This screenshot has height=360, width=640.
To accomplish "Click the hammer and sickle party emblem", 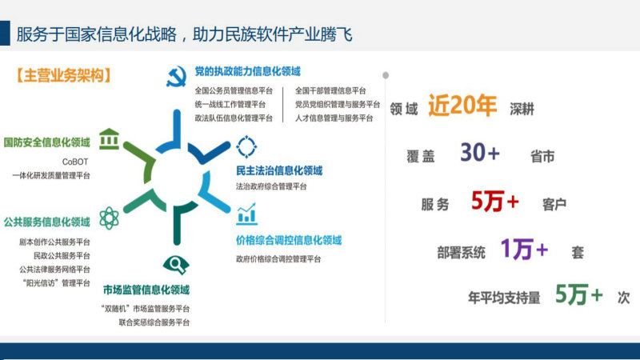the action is pyautogui.click(x=176, y=76).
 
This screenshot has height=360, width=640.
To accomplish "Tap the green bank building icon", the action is pyautogui.click(x=109, y=138).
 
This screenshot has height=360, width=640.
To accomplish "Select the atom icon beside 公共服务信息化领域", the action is pyautogui.click(x=109, y=218).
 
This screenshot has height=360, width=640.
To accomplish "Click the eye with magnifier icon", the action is pyautogui.click(x=176, y=265).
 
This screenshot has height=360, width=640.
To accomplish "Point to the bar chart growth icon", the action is pyautogui.click(x=246, y=214).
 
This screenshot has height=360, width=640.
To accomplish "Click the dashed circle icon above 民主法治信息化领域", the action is pyautogui.click(x=246, y=146).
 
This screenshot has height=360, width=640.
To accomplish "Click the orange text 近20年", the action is pyautogui.click(x=462, y=106).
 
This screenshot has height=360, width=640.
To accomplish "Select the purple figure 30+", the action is pyautogui.click(x=480, y=153).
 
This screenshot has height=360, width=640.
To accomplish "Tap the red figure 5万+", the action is pyautogui.click(x=494, y=202).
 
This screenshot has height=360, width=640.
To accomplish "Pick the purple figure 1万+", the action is pyautogui.click(x=525, y=249).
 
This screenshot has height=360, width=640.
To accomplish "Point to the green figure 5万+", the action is pyautogui.click(x=578, y=294).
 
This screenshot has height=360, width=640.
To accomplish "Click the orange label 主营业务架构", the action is pyautogui.click(x=64, y=76).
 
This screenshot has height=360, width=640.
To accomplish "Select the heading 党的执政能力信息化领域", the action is pyautogui.click(x=247, y=71).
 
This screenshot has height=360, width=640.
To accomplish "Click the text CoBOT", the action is pyautogui.click(x=75, y=162).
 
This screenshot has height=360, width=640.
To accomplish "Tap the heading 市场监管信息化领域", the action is pyautogui.click(x=146, y=290).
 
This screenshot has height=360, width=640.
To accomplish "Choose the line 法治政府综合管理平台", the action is pyautogui.click(x=271, y=186).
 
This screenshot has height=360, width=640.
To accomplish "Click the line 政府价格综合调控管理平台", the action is pyautogui.click(x=278, y=259).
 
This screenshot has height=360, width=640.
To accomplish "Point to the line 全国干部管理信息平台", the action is pyautogui.click(x=330, y=90).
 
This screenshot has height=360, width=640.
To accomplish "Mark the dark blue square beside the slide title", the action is pyautogui.click(x=5, y=33).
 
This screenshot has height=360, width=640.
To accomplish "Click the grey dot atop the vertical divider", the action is pyautogui.click(x=386, y=75).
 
